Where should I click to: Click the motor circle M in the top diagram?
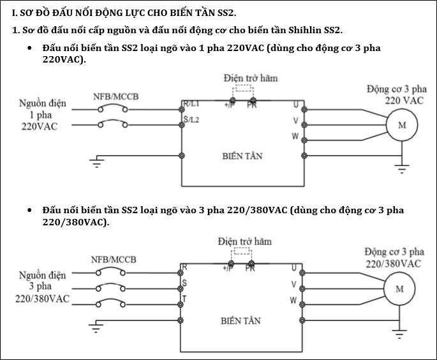coord(402,125)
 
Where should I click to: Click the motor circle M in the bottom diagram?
coord(400,289)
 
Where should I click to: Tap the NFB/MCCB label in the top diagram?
coord(115,96)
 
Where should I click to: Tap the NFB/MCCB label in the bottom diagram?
coord(113,259)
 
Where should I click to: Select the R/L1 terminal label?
coord(191,103)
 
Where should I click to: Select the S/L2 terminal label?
coord(191,119)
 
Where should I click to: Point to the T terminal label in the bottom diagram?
coord(184,298)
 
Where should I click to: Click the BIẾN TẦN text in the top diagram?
coord(242,156)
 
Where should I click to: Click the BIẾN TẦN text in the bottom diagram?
coord(241,320)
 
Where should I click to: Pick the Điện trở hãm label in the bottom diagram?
coord(244,241)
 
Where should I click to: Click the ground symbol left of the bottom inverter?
coord(96,328)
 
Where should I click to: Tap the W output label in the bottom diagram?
coord(293,299)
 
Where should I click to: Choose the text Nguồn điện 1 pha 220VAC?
coord(38,115)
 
